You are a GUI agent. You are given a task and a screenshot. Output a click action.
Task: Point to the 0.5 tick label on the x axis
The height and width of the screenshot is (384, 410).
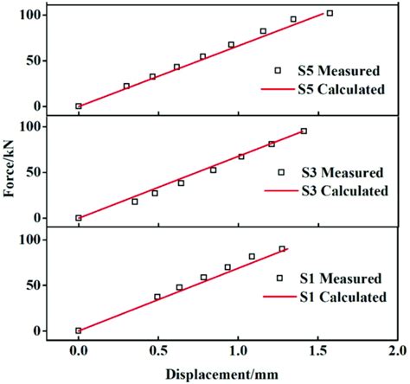click(x=158, y=351)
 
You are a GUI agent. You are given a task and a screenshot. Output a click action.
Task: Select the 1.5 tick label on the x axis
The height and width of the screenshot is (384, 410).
click(x=317, y=351)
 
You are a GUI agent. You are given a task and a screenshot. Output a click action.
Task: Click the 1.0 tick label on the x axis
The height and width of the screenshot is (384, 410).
click(x=237, y=351)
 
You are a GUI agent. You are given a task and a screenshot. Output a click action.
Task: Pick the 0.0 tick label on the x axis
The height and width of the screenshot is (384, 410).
click(x=79, y=351)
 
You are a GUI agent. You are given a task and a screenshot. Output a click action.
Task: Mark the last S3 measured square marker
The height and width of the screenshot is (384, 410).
click(x=304, y=131)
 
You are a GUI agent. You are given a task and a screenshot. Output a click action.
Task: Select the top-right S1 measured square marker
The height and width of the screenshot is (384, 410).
click(x=282, y=249)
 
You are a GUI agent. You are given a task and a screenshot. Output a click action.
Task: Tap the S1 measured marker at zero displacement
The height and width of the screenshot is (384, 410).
click(x=79, y=330)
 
